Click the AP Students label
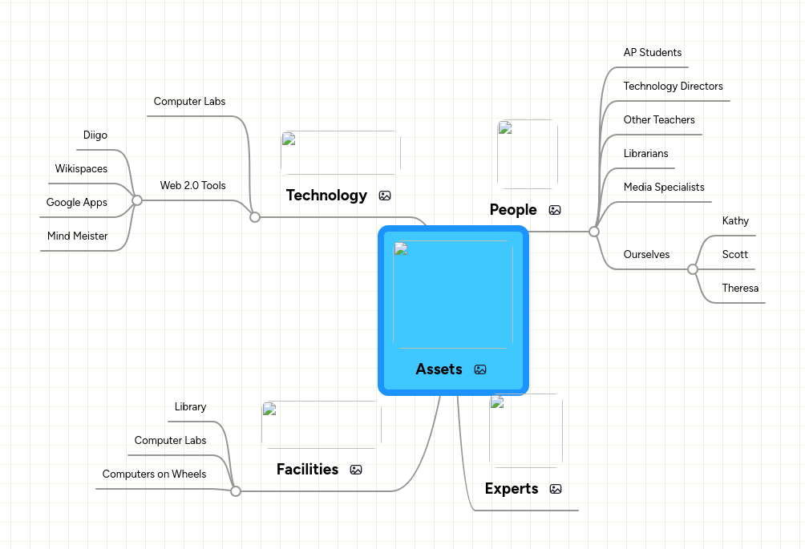click(652, 53)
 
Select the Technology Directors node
click(673, 87)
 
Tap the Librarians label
click(645, 154)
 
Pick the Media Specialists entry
click(663, 188)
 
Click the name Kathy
click(734, 221)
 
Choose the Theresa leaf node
click(739, 289)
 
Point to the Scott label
click(734, 255)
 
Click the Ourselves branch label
click(646, 255)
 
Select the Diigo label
click(95, 135)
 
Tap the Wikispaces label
click(81, 169)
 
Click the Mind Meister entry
click(77, 236)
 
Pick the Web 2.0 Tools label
click(192, 186)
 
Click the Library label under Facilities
click(190, 407)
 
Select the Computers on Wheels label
click(154, 474)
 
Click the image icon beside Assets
click(480, 369)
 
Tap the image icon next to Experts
click(556, 489)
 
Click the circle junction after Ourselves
click(693, 269)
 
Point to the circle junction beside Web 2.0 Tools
click(137, 200)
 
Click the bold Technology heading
click(326, 196)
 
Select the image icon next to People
click(555, 210)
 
